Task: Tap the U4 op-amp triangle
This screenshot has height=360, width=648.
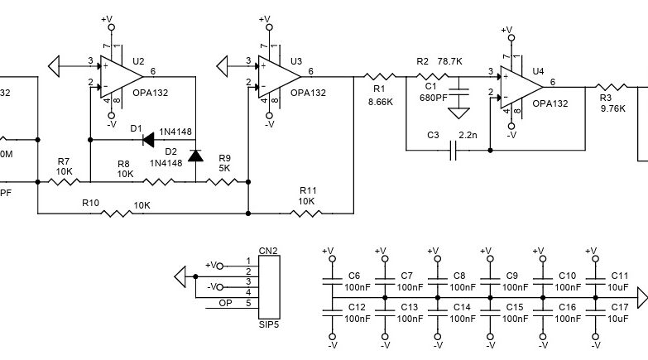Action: [x=516, y=85]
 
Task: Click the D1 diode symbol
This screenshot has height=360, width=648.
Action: [x=150, y=139]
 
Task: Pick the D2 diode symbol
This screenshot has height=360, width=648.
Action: [x=195, y=155]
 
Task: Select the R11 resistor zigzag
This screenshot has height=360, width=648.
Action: [x=307, y=214]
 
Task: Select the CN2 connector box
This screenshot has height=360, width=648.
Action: [x=269, y=282]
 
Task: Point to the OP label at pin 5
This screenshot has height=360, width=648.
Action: [x=224, y=303]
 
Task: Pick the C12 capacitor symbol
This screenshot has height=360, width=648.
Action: [x=333, y=312]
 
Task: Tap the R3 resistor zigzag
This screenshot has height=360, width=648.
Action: [x=613, y=85]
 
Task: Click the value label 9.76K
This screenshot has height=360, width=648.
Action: [x=613, y=108]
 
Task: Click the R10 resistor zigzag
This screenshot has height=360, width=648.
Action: [x=116, y=214]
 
